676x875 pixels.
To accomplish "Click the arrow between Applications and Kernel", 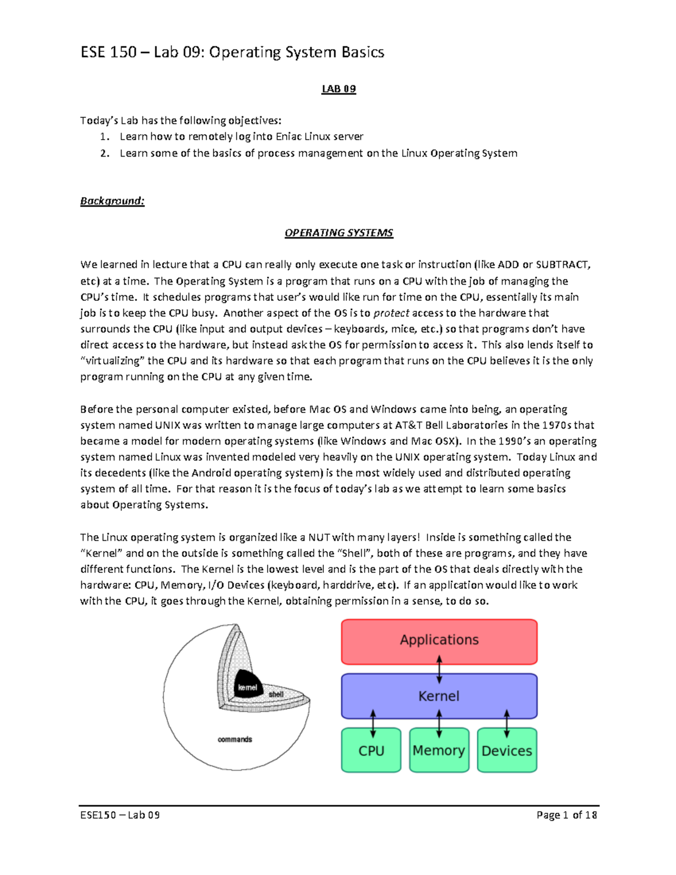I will click(439, 668).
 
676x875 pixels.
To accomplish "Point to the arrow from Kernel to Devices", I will click(506, 723).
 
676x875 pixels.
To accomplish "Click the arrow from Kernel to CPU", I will click(372, 723).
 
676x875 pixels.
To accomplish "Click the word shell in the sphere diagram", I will click(276, 694).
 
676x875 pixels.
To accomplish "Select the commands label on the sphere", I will click(235, 739).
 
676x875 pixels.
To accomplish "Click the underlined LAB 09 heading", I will click(339, 89).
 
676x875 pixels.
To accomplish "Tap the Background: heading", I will click(112, 201).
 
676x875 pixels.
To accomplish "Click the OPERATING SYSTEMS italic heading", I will click(339, 233).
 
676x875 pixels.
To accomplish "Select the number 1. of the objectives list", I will click(105, 137).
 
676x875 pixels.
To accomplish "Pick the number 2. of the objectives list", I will click(105, 153).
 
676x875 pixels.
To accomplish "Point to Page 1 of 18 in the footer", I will click(566, 815).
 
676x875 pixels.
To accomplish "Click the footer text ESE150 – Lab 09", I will click(120, 815).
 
